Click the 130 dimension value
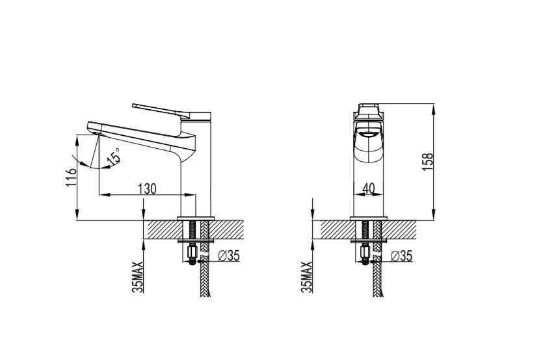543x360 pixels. pos(148,189)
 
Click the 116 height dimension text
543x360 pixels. pos(71,177)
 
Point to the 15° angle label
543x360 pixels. pos(114,157)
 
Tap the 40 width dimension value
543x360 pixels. pos(369,189)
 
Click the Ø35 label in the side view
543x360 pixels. pos(230,256)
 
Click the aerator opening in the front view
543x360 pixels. pos(369,135)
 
